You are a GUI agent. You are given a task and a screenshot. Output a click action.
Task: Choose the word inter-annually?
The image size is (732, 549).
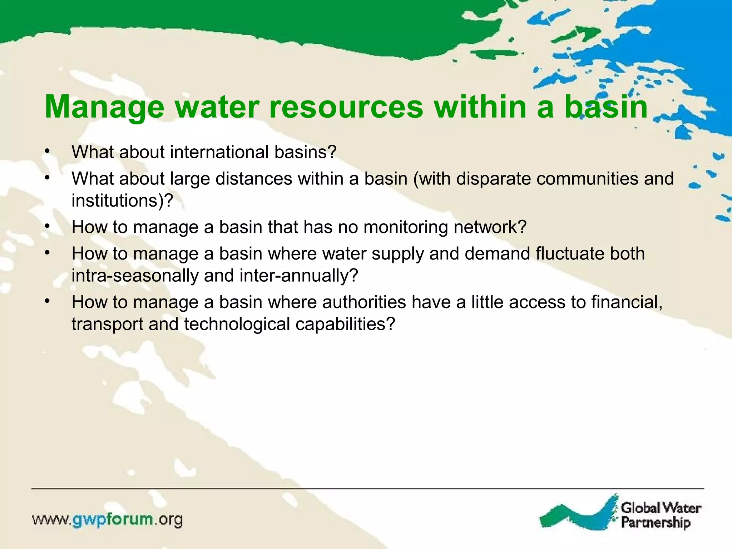tap(299, 276)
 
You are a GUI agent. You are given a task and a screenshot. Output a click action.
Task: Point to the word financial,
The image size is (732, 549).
tap(627, 302)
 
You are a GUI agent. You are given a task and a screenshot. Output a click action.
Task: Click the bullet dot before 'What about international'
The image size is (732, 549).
tap(47, 151)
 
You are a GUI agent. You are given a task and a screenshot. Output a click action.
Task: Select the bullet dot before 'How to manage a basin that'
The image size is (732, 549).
tap(47, 226)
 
